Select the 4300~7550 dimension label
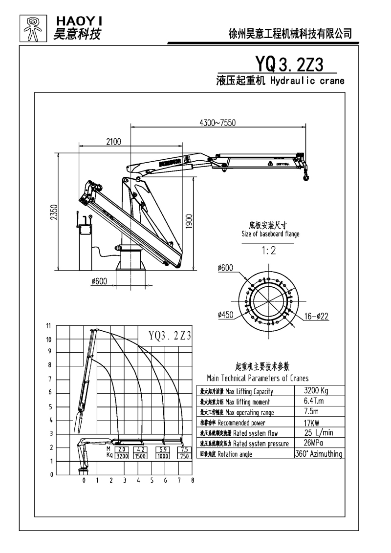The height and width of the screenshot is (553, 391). tap(218, 123)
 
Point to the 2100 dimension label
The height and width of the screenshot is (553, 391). tap(113, 142)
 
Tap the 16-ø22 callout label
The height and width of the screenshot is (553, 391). tap(316, 317)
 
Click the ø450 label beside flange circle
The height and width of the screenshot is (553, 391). tap(226, 315)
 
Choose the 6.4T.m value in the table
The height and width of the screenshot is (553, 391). tap(313, 401)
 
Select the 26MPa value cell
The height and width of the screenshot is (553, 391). tap(313, 443)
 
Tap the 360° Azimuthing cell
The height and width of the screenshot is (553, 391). tap(318, 454)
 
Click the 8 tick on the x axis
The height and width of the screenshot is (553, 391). tap(193, 481)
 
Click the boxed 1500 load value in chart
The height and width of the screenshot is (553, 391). tap(140, 456)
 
